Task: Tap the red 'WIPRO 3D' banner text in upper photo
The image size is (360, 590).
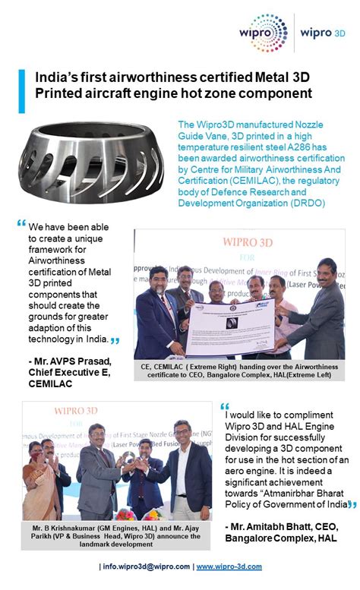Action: (x=239, y=243)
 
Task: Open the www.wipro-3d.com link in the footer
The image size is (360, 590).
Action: (x=229, y=567)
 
